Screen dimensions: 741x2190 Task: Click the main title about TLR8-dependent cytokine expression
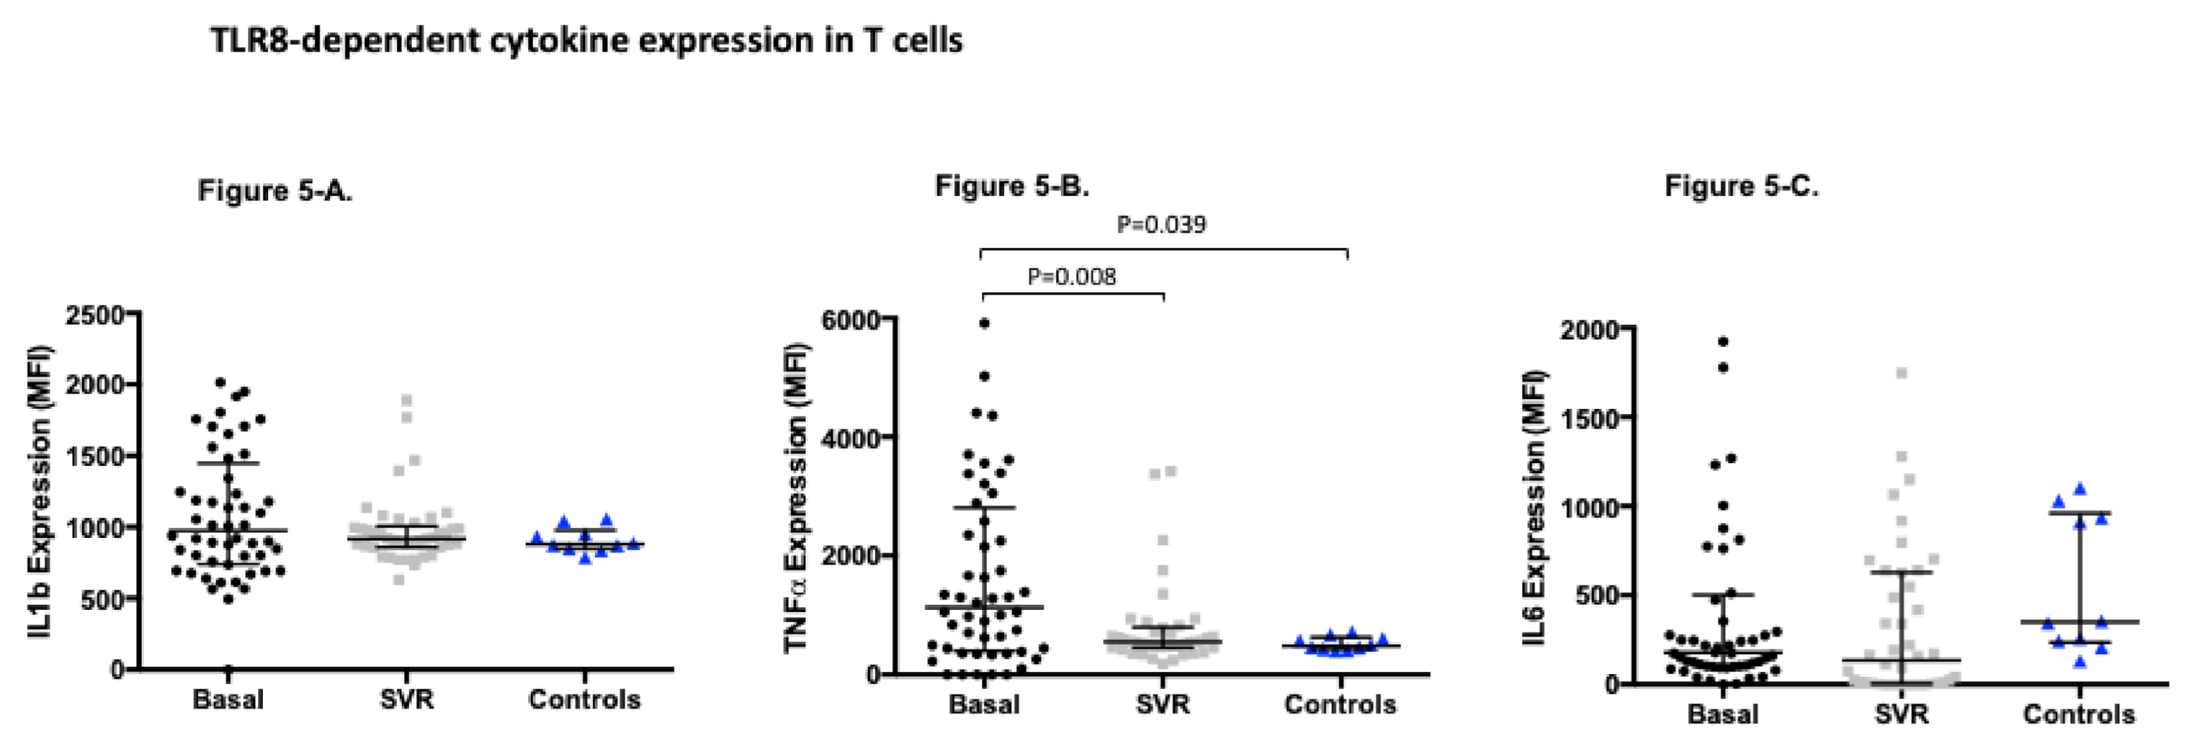[587, 41]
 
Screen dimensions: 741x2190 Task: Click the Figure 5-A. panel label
[275, 190]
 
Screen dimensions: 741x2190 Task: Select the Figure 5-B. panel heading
[1011, 185]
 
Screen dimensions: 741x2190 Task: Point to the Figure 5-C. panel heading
[1741, 185]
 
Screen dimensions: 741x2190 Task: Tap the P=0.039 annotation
[1161, 225]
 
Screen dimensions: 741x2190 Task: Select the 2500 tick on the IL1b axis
[94, 315]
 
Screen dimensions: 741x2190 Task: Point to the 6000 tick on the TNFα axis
[850, 319]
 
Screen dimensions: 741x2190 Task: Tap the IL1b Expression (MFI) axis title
[39, 491]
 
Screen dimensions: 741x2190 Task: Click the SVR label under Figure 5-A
[406, 700]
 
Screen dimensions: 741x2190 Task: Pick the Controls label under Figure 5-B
[1340, 704]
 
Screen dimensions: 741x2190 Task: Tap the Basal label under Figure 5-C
[1723, 714]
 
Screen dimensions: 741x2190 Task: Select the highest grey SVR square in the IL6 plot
[1902, 373]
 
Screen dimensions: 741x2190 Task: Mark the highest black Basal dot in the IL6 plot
[1723, 341]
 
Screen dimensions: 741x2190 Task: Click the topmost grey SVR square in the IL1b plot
[407, 400]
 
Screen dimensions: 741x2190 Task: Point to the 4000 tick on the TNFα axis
[850, 438]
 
